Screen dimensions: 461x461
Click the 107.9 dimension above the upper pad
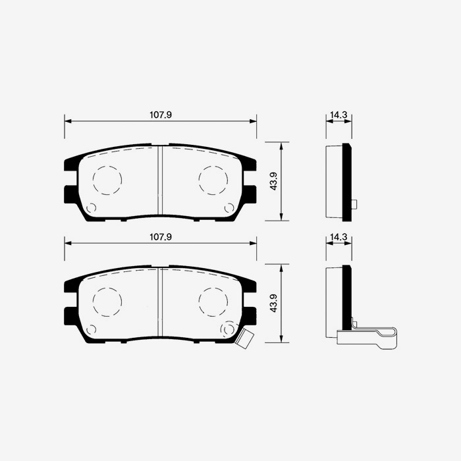(161, 115)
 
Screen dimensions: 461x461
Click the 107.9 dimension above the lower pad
(161, 236)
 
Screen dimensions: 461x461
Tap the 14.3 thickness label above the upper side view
(339, 115)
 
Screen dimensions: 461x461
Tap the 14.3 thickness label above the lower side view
(339, 236)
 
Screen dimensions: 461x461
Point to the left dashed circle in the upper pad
(107, 180)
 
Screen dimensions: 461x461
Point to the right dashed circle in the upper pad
(213, 180)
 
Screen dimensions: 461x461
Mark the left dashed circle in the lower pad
(107, 302)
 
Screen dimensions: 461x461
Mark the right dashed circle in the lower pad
(213, 302)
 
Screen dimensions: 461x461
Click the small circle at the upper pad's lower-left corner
(91, 208)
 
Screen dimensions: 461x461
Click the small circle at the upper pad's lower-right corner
(229, 208)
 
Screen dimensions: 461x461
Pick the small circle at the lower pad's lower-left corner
(91, 329)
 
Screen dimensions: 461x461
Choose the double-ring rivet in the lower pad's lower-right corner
(229, 329)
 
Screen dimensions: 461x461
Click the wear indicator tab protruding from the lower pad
(246, 339)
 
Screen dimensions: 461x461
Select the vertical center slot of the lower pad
(160, 303)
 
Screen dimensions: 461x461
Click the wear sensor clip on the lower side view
(369, 336)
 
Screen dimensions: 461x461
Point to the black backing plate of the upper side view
(347, 182)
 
